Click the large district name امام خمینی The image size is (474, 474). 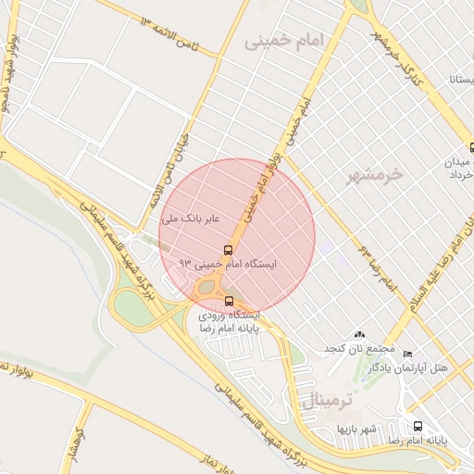point(286,42)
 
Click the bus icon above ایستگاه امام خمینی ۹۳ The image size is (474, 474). point(227,250)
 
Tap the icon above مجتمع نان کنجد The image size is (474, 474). point(359,334)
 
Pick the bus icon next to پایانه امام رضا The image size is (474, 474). point(418,427)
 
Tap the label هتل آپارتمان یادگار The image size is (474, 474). point(408,368)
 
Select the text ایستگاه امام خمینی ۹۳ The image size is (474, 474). point(236,265)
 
